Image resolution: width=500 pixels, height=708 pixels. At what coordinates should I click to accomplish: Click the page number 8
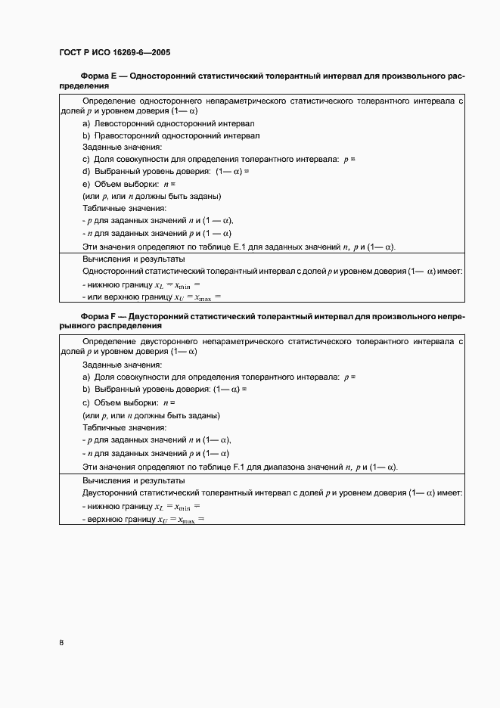61,643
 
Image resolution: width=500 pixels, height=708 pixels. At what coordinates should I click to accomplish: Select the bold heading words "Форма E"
98,76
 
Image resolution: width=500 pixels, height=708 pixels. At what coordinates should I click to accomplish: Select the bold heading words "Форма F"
98,315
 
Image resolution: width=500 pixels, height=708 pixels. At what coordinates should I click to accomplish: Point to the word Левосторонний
123,123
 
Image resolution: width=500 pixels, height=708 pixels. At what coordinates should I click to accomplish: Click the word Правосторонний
125,135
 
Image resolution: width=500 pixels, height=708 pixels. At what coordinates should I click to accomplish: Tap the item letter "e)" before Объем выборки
86,184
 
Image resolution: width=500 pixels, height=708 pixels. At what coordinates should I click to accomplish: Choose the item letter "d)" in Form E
86,172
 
